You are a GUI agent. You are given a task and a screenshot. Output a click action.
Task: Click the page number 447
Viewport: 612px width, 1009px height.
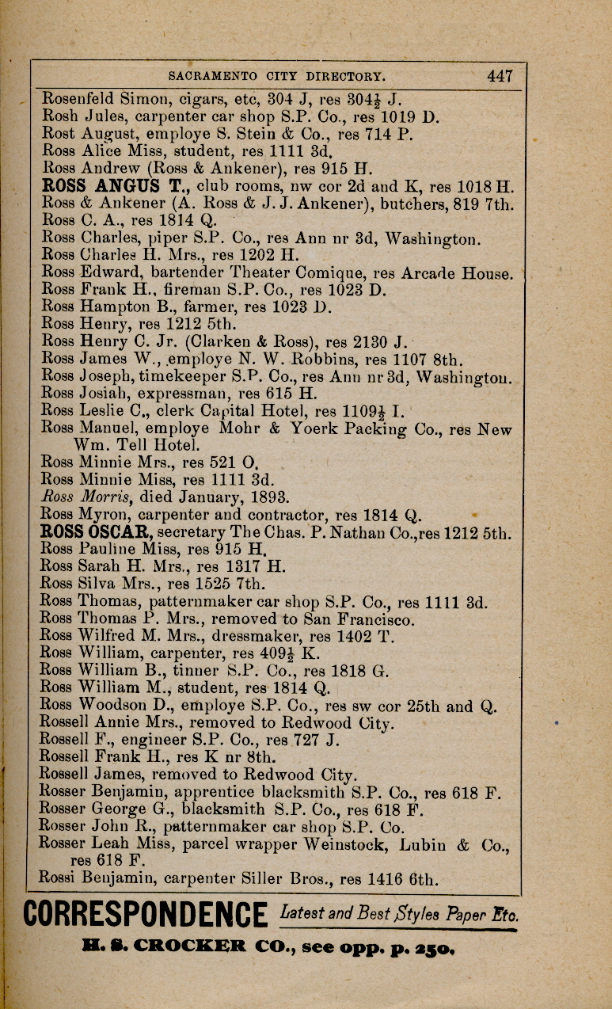click(x=500, y=76)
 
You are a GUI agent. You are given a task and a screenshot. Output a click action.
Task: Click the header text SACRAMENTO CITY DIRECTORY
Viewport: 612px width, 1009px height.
click(x=277, y=77)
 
